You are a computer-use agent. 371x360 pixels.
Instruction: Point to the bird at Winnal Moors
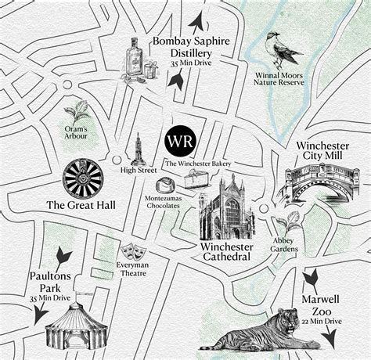[281, 49]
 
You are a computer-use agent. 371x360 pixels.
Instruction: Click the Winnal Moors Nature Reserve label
[280, 79]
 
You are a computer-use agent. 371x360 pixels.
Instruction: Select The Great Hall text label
[79, 206]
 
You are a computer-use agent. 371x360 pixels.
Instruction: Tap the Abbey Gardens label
[285, 244]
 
